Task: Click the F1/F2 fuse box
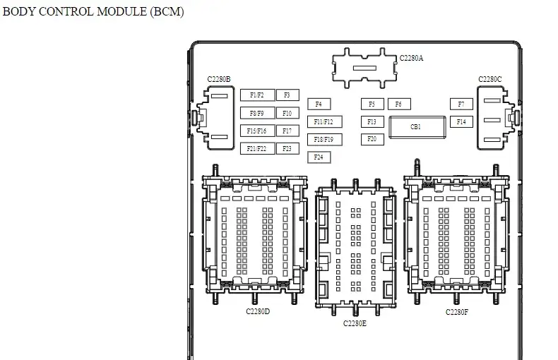pos(257,95)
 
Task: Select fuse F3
pos(287,95)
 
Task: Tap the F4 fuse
pos(319,104)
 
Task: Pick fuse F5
pos(372,104)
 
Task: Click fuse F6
pos(399,104)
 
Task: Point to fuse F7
pos(461,104)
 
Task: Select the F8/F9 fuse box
pos(257,113)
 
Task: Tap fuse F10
pos(287,113)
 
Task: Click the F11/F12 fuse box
pos(324,121)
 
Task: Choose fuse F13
pos(372,121)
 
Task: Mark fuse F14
pos(461,121)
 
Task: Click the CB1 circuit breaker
pos(417,127)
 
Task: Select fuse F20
pos(372,139)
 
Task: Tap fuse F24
pos(319,157)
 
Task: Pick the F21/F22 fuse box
pos(257,148)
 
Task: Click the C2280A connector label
pos(411,58)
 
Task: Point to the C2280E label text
pos(355,323)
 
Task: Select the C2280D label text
pos(258,311)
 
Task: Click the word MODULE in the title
pos(121,11)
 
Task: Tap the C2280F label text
pos(457,312)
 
